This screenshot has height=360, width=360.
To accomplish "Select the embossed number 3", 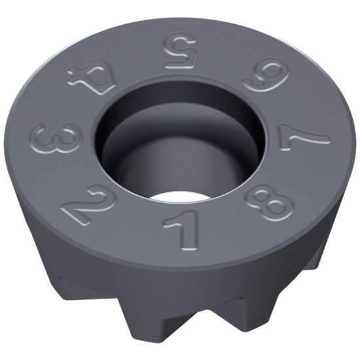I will point(48,143).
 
